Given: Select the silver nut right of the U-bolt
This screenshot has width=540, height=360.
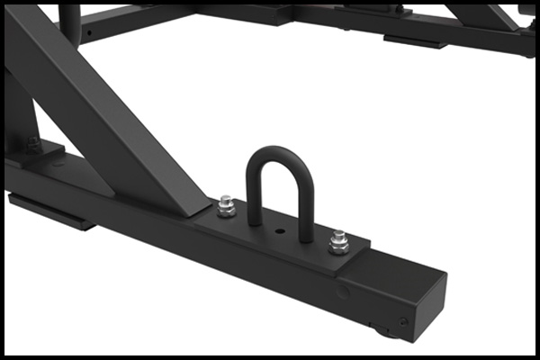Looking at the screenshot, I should (x=338, y=240).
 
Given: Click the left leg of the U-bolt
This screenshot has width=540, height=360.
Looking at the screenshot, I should (x=252, y=193).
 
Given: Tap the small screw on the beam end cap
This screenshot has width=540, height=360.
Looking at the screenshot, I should (x=404, y=321).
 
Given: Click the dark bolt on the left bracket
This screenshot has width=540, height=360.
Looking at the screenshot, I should (x=33, y=141).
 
